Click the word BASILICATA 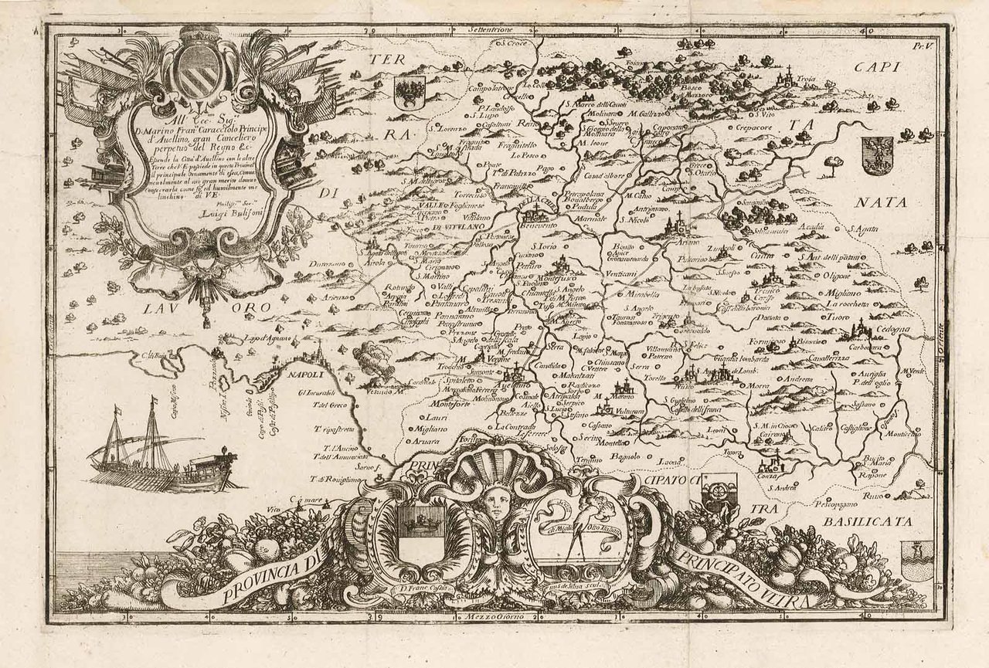(868, 522)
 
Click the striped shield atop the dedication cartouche (200, 71)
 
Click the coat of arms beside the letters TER (406, 91)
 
